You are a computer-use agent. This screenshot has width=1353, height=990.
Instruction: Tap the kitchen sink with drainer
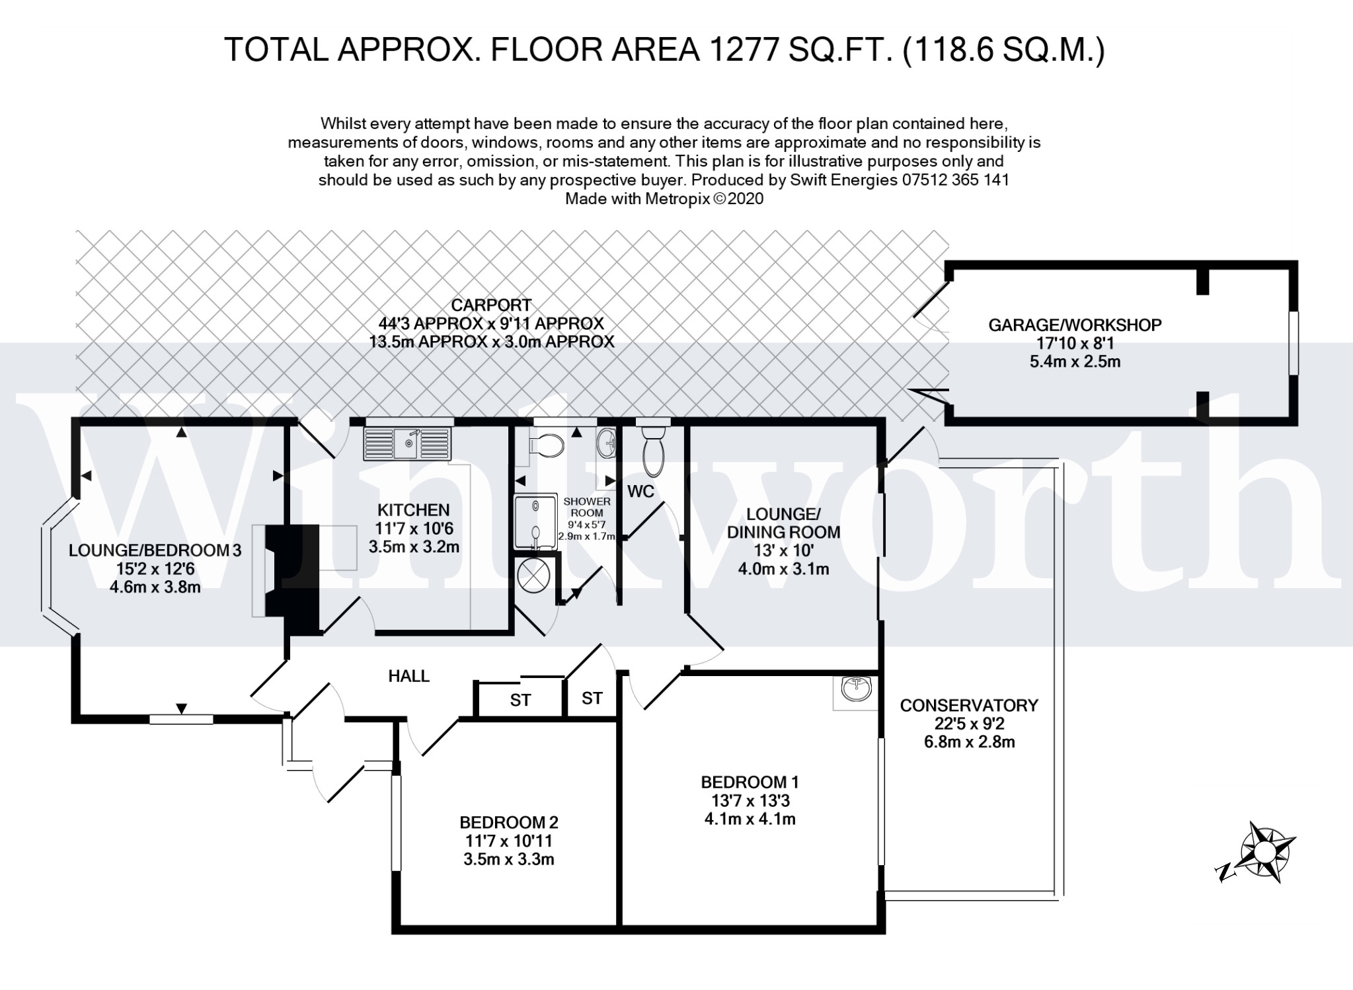(x=407, y=443)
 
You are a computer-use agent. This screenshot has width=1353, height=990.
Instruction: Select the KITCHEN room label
(x=413, y=510)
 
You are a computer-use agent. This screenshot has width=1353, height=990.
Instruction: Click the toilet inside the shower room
(x=545, y=446)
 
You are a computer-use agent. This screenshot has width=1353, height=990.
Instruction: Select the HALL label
(x=408, y=675)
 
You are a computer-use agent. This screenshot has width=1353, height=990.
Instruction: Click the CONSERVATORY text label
(x=968, y=705)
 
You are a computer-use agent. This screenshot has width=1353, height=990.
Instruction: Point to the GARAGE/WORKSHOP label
(x=1074, y=324)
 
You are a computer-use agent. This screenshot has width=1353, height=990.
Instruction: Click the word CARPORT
(x=490, y=305)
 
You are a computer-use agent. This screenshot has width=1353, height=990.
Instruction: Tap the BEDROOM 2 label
(x=508, y=822)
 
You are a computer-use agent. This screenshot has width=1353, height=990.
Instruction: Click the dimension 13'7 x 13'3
(x=750, y=800)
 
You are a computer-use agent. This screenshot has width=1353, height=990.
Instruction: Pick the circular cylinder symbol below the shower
(x=533, y=574)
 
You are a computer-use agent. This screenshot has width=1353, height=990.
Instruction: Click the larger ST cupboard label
(x=520, y=700)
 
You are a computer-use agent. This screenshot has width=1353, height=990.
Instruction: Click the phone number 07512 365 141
(x=954, y=180)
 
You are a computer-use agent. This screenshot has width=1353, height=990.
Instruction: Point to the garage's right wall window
(x=1294, y=342)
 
